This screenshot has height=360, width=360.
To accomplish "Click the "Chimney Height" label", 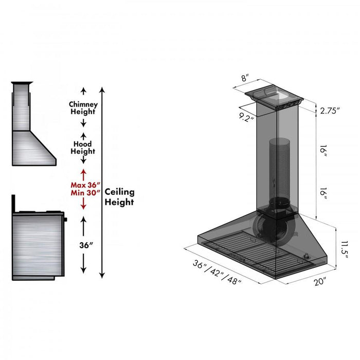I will pyautogui.click(x=83, y=108).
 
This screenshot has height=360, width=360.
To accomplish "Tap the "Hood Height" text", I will pyautogui.click(x=83, y=148).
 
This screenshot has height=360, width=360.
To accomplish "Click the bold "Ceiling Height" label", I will pyautogui.click(x=119, y=197).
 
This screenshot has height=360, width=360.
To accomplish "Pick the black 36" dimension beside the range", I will pyautogui.click(x=83, y=245).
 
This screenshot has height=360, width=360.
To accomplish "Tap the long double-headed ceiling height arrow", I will pyautogui.click(x=102, y=183).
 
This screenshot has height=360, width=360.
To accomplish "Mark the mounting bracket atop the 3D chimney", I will pyautogui.click(x=275, y=98).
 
